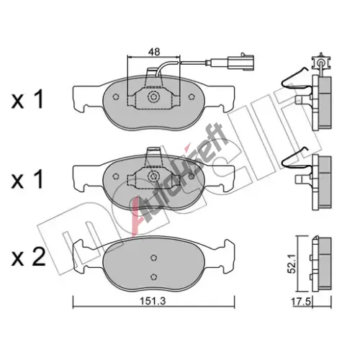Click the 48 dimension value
click(x=154, y=52)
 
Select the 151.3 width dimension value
click(x=153, y=301)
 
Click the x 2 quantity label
click(x=28, y=257)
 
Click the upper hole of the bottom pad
click(x=153, y=258)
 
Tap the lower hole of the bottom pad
click(x=153, y=276)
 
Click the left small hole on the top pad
click(x=116, y=96)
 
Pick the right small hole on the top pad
click(x=192, y=96)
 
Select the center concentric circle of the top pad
click(x=153, y=97)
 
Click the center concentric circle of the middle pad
click(x=153, y=176)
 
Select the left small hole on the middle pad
click(x=116, y=176)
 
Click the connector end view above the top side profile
click(x=321, y=62)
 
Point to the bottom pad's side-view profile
click(x=322, y=264)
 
